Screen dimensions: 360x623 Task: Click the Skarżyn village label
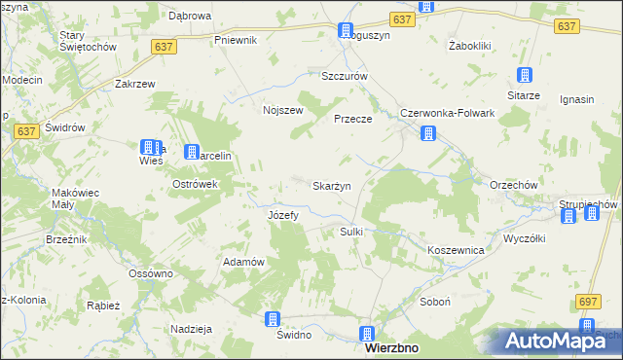tap(331, 185)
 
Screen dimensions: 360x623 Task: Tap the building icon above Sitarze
tap(524, 76)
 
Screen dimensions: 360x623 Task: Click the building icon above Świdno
tap(274, 319)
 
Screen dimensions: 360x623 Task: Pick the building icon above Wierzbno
tap(366, 332)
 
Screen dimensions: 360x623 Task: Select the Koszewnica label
tap(456, 250)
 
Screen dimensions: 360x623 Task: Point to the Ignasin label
tap(577, 98)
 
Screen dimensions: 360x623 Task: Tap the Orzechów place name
tap(487, 186)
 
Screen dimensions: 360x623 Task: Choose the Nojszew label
tap(282, 110)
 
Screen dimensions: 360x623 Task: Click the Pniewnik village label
tap(235, 40)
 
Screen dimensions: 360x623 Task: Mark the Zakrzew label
tap(135, 85)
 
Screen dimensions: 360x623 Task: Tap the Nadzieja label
tap(191, 329)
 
